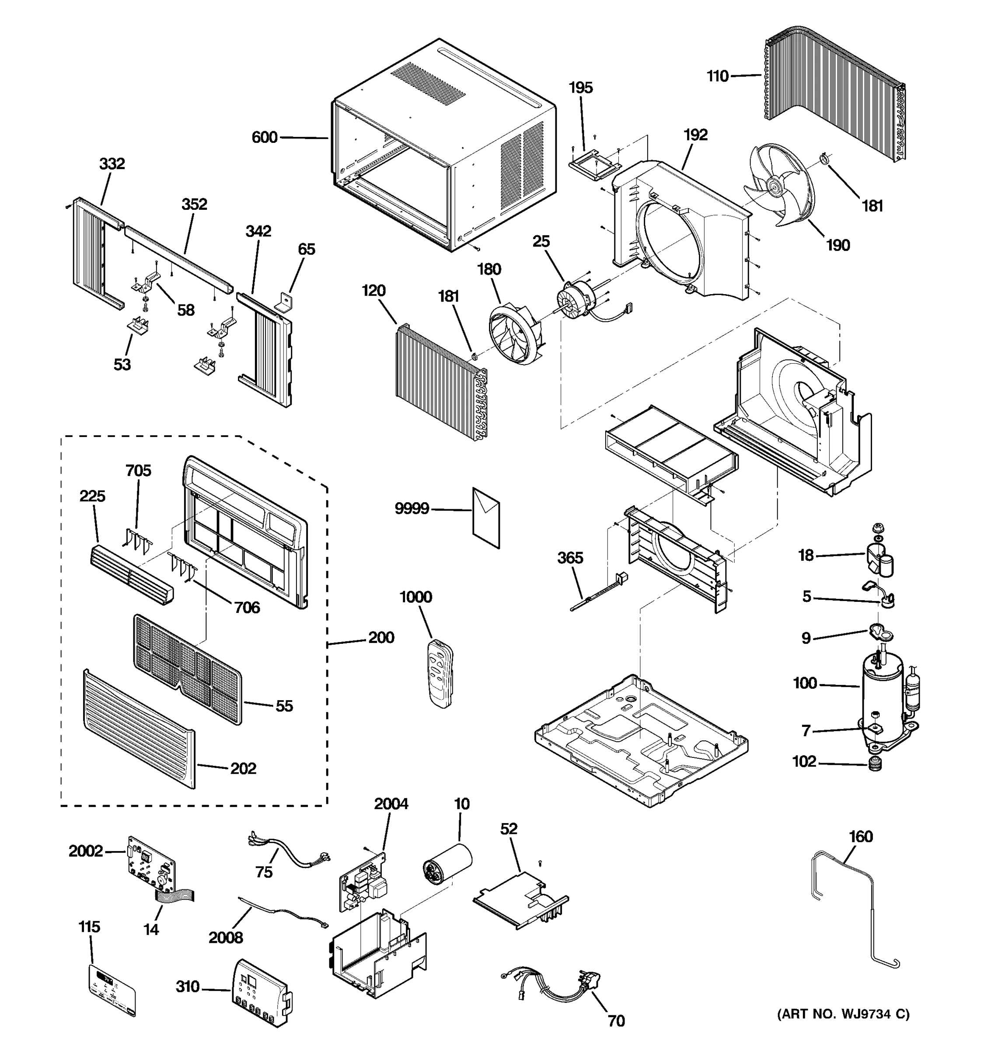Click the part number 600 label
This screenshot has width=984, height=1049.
coord(265,138)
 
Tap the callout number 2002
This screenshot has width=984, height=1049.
coord(86,851)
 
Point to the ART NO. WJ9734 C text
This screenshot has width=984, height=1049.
coord(843,1014)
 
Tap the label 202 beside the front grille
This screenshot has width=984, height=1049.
coord(243,768)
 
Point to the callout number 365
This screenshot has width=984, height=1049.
coord(570,558)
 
